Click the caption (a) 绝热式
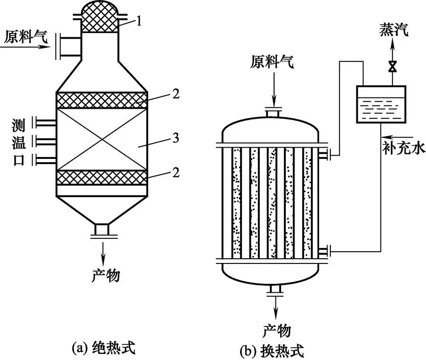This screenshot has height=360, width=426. click(103, 349)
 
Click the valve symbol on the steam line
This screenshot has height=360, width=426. click(392, 67)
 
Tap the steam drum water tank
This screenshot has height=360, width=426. click(381, 105)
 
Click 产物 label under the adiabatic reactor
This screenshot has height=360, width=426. click(105, 274)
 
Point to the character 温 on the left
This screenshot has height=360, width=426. click(18, 140)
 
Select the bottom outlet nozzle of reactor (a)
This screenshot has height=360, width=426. click(102, 230)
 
